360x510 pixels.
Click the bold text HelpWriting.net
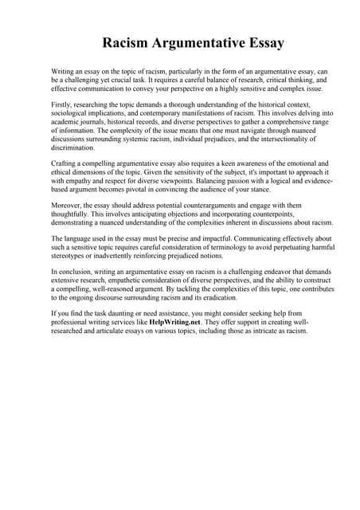(x=175, y=322)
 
